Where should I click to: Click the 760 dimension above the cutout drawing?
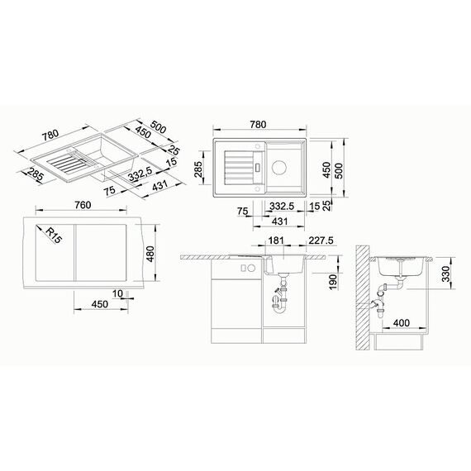pos(83,205)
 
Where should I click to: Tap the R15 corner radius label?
pos(54,235)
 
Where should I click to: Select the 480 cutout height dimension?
pos(150,254)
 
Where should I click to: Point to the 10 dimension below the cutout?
pos(117,293)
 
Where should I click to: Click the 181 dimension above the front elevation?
pos(276,240)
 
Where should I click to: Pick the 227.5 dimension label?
pos(321,240)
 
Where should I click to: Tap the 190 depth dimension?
pos(333,282)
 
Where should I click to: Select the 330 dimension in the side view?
pos(447,274)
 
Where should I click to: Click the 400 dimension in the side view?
pos(402,323)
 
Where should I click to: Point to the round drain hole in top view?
pos(279,168)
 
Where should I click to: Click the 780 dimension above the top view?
pos(258,124)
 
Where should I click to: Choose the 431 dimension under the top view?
pos(279,221)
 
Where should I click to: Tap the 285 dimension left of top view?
pos(198,169)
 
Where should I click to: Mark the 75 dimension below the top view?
pos(243,212)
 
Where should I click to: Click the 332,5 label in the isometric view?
pos(140,175)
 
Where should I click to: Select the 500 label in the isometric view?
pos(158,126)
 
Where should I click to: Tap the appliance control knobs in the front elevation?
pos(248,269)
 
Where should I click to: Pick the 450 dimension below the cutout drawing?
pos(100,304)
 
